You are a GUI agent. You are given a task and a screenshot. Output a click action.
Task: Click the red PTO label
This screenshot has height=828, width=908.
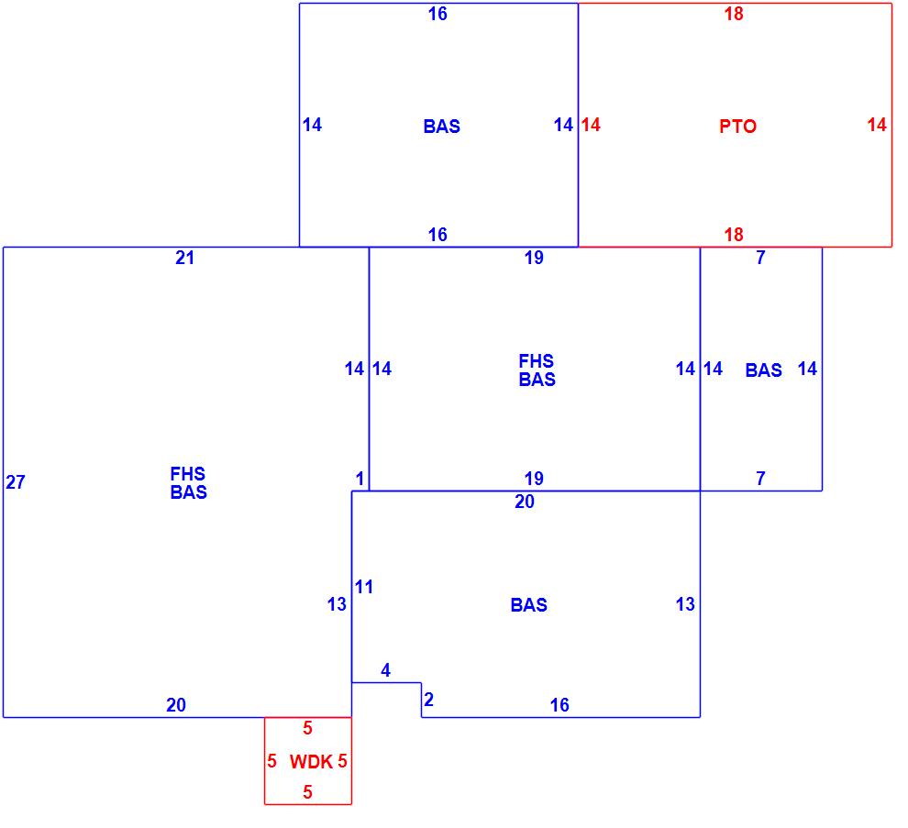coord(737,127)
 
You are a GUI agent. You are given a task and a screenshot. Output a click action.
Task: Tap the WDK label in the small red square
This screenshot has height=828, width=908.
coord(311,762)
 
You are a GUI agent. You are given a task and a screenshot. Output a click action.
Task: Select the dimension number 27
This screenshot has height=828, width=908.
coord(16,482)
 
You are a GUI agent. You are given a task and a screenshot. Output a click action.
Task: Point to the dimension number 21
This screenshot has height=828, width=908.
coord(185,259)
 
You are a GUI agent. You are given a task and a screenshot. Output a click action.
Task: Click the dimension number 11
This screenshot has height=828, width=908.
coord(364,587)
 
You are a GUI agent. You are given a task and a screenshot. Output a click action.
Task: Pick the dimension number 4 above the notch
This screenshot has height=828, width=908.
coord(385,671)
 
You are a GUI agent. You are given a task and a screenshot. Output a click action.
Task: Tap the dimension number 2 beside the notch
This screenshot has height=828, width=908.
coord(428,701)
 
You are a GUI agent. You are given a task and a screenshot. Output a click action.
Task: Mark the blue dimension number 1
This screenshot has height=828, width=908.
coord(360,479)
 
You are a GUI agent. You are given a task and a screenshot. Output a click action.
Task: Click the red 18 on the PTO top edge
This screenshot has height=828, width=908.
coord(734,15)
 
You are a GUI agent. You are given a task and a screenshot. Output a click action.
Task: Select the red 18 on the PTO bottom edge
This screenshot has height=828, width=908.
coord(734,235)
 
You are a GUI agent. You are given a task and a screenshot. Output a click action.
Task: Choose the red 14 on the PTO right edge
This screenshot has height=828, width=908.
coord(877,125)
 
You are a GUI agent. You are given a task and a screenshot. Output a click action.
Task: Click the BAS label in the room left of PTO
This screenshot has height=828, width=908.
coord(441,127)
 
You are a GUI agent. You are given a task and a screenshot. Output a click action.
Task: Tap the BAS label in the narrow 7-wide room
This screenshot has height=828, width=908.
coord(763,370)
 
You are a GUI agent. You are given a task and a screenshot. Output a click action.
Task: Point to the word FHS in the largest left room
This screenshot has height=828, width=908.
coord(188,474)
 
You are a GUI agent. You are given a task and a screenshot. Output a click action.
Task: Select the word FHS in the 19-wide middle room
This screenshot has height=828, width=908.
coord(537,361)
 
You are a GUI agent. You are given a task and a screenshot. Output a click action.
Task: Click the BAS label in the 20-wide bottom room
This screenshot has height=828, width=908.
coord(528,605)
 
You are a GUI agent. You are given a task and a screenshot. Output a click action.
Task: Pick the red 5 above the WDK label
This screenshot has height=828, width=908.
coord(308,729)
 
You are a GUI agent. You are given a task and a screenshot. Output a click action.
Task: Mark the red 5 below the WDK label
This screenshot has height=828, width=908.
coord(308,793)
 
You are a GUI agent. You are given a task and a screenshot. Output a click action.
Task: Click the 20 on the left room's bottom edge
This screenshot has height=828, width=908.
coord(176,705)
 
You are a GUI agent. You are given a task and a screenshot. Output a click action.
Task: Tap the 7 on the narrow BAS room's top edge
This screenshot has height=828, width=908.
coord(760,259)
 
